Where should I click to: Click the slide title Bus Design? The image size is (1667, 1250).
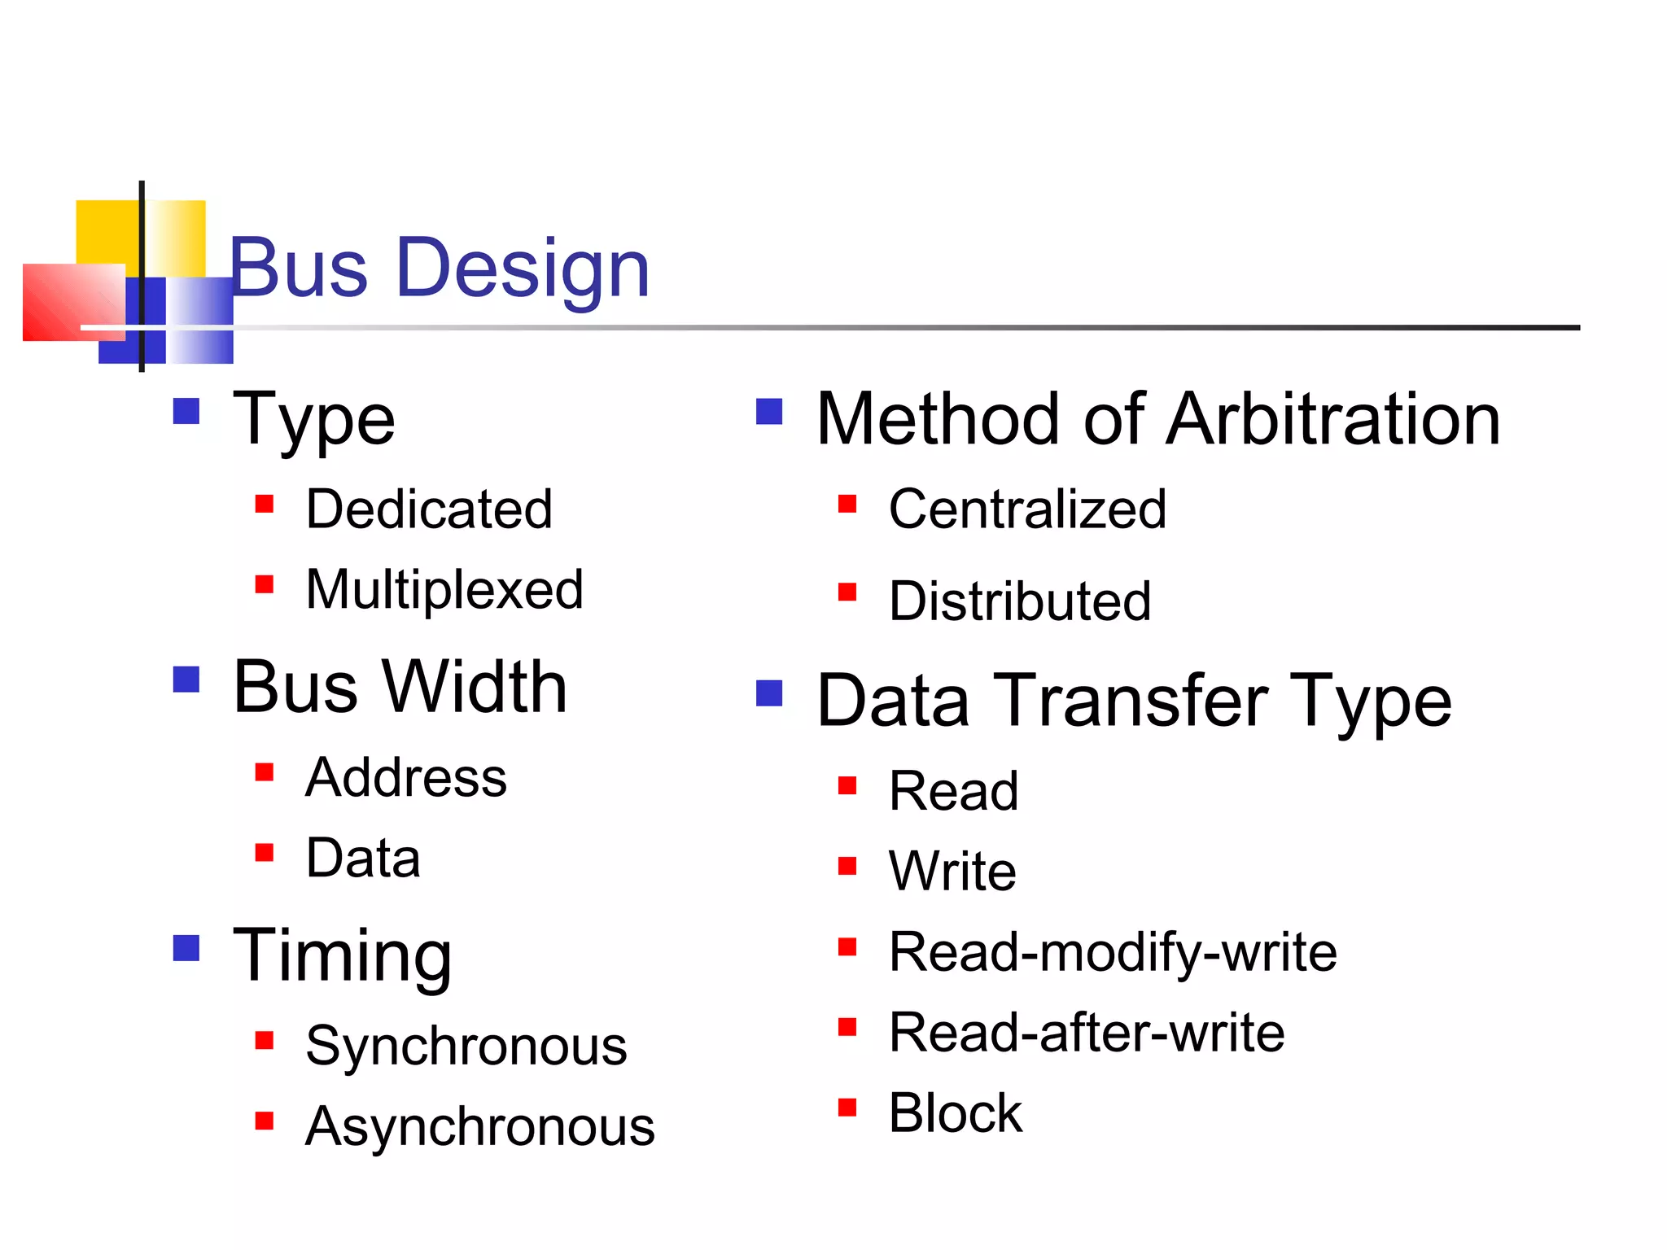pos(440,268)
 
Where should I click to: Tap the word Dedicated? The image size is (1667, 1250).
pos(429,509)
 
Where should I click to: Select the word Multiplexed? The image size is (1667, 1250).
pos(444,589)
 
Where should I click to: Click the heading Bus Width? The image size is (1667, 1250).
pos(400,688)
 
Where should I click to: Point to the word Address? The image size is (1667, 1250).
pos(405,777)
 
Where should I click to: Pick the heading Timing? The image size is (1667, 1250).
pos(342,955)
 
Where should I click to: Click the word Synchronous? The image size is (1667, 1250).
pos(466,1046)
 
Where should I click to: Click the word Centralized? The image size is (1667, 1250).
pos(1027,509)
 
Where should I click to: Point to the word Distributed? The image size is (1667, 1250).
pos(1020,601)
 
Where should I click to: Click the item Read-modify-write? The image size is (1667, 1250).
pos(1113,951)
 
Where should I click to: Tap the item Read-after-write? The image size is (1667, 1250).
pos(1087,1032)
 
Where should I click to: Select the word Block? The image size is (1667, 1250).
pos(955,1112)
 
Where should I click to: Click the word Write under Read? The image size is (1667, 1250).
pos(952,871)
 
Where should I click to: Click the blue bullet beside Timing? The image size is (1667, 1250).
pos(186,948)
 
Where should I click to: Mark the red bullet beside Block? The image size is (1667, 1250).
pos(847,1108)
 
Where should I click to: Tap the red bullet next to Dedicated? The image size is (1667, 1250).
pos(264,504)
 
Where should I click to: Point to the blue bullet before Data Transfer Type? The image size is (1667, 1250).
pos(769,693)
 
